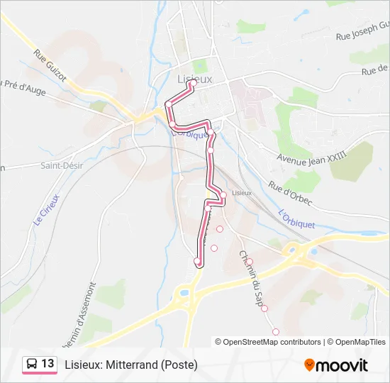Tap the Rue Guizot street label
coord(50,65)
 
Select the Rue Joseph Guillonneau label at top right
coord(362,32)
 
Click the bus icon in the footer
coord(32,365)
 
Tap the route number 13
coord(48,364)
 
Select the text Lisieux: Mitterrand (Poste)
coord(131,365)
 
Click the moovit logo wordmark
coord(342,365)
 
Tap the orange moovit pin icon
coord(309,365)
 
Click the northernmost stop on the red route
coord(191,83)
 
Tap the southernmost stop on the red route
coord(197,262)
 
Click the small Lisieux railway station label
coord(241,193)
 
